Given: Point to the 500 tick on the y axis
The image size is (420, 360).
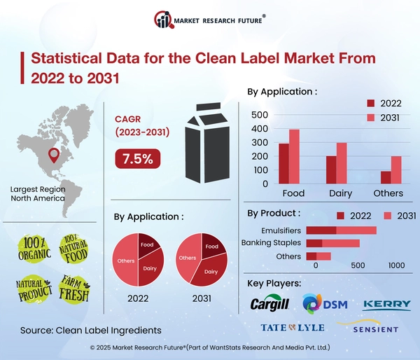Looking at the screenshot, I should click(x=260, y=115).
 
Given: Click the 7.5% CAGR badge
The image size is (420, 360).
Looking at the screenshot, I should click(x=137, y=159).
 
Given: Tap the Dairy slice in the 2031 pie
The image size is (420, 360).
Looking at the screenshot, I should click(x=211, y=270).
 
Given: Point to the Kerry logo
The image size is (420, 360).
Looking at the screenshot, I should click(x=387, y=305).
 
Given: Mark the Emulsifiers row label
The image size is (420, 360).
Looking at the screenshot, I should click(x=280, y=230).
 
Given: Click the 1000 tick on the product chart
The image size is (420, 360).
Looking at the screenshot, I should click(x=396, y=266).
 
